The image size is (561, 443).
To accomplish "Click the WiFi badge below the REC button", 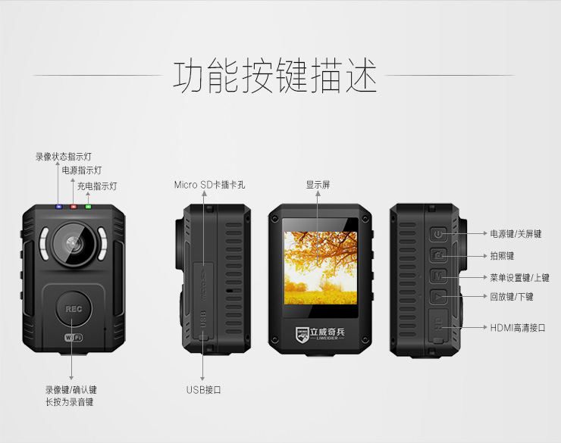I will tap(74, 337).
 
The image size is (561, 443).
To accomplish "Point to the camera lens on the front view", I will tap(73, 243).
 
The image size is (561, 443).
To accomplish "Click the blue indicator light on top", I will tap(58, 205).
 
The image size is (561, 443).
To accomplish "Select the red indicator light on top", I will tap(74, 205).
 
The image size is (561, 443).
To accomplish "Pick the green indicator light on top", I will tap(88, 205).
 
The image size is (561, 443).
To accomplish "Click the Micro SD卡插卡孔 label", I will tap(209, 185).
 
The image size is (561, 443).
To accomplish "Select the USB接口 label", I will tap(203, 390).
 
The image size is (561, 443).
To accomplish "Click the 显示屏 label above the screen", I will tap(318, 185).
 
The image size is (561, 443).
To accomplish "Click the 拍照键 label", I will tap(502, 256).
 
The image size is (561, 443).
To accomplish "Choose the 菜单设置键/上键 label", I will tap(519, 278).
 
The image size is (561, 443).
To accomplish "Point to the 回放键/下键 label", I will tap(512, 297).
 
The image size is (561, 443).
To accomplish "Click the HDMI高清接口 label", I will tap(518, 328).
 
